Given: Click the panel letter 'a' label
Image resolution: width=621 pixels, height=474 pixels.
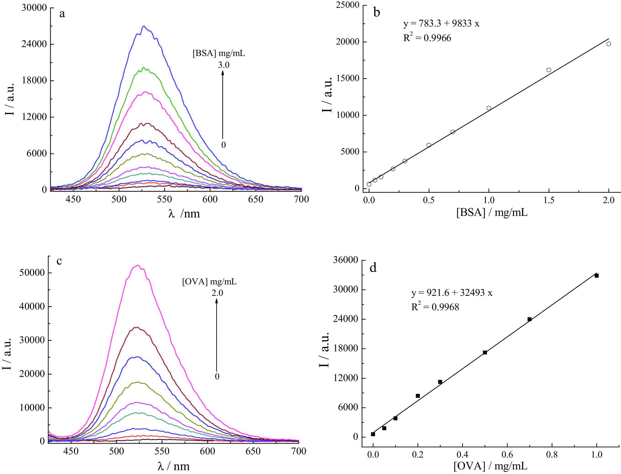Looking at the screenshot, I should click(x=62, y=13).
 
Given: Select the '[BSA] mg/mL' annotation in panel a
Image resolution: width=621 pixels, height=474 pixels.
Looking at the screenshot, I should click(x=219, y=53).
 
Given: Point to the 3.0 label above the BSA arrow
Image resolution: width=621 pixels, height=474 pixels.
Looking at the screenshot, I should click(x=224, y=65).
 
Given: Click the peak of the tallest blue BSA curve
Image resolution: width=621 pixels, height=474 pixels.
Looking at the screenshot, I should click(x=144, y=26).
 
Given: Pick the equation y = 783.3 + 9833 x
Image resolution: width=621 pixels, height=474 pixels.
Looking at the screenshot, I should click(x=441, y=24).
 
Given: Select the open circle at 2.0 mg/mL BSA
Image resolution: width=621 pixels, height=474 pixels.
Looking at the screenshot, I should click(x=609, y=44).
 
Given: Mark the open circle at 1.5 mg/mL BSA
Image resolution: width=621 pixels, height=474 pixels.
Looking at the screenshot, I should click(x=549, y=70).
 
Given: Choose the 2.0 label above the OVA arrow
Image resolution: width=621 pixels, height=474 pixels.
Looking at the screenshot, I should click(x=217, y=293).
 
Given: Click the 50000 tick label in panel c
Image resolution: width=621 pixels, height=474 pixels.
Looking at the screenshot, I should click(x=32, y=273).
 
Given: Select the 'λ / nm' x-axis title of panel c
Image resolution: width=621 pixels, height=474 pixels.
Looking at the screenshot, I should click(x=173, y=466).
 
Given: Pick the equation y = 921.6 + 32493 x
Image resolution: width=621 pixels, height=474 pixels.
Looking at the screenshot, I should click(x=452, y=293).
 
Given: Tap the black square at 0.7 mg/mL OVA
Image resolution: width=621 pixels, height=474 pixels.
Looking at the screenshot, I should click(x=529, y=319).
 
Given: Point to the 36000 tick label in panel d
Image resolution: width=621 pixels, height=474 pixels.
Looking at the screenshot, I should click(x=346, y=260).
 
